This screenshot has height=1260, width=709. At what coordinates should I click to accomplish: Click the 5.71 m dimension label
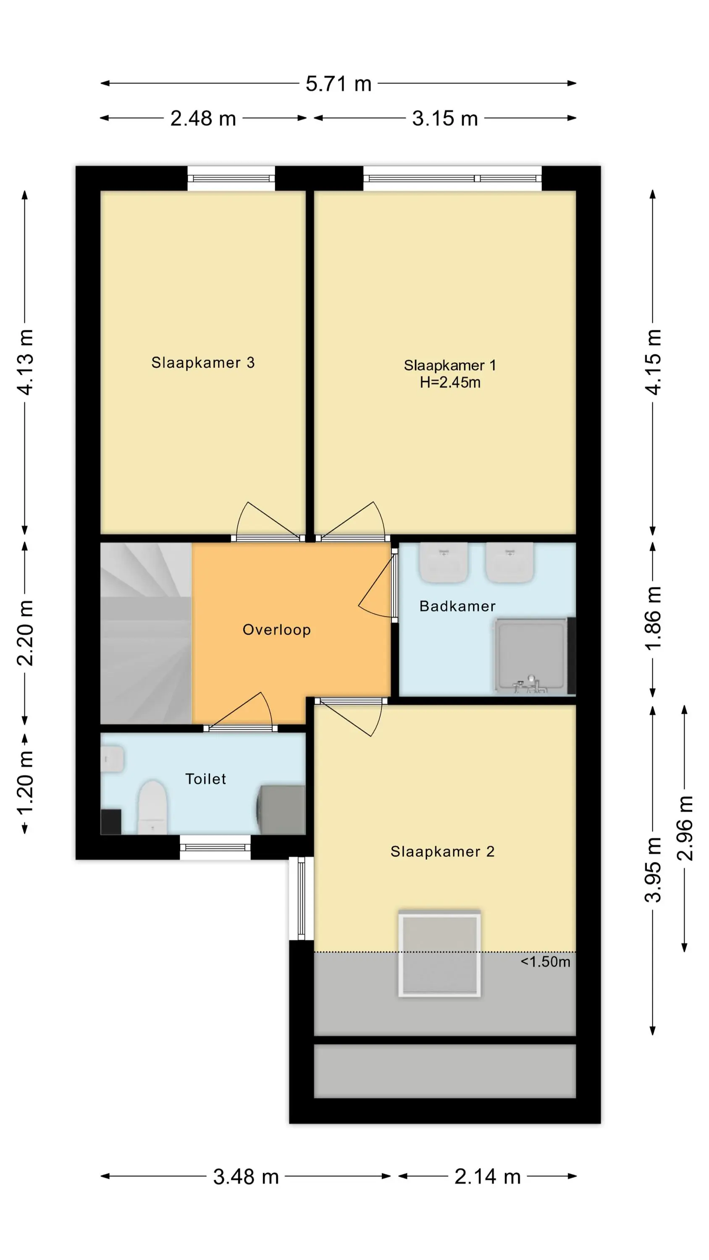coord(338,84)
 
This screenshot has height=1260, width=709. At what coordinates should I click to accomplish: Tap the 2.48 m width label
coord(203,118)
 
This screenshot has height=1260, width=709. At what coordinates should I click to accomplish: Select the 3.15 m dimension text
coord(445,118)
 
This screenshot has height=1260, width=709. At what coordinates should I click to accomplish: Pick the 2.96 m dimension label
coord(685,828)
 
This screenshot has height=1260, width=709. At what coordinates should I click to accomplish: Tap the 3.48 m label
coord(246,1177)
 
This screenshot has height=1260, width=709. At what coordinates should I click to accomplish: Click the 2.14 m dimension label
coord(487,1177)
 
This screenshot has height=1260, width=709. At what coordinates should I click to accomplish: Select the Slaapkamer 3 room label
coord(203,362)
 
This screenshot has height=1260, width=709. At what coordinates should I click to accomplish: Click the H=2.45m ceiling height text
coord(450,382)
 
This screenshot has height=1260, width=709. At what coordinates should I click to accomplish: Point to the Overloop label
coord(277,630)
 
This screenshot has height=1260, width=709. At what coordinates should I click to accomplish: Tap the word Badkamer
coord(457,606)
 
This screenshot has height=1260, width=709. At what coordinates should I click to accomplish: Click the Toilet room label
coord(205,779)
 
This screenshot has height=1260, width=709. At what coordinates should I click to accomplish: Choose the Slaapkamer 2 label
coord(442,852)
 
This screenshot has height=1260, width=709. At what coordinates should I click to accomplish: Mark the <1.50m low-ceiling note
coord(546,962)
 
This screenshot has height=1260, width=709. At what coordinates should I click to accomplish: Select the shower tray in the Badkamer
coord(530,656)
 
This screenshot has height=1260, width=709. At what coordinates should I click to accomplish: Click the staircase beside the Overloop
coord(146,633)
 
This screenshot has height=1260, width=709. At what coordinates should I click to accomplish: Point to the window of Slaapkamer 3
coord(231,178)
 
